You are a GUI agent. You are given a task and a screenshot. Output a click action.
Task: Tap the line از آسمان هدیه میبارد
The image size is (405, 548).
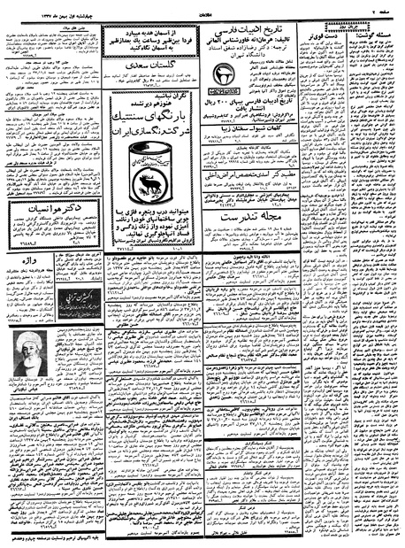click(x=152, y=30)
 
